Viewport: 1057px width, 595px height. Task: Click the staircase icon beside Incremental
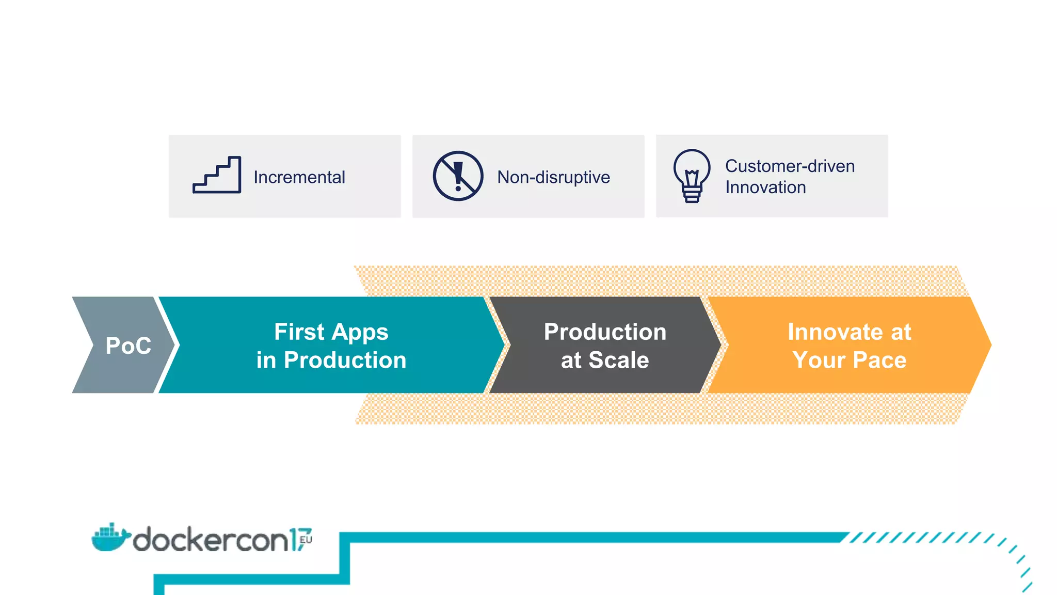click(x=217, y=176)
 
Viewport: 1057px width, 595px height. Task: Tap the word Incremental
click(x=299, y=177)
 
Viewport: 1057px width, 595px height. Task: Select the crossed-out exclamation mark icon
click(x=458, y=176)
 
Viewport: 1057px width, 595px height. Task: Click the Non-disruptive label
click(x=553, y=177)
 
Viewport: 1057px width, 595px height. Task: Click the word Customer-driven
click(x=790, y=166)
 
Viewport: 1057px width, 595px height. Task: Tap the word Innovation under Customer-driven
click(x=765, y=187)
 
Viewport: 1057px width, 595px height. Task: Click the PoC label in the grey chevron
click(x=128, y=346)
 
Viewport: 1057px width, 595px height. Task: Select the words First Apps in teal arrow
click(x=331, y=332)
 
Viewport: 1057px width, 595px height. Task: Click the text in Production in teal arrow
click(x=331, y=360)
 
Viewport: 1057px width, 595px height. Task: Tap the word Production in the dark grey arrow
click(x=605, y=332)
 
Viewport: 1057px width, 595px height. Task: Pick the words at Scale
click(x=605, y=360)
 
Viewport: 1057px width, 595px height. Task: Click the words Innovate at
click(x=849, y=332)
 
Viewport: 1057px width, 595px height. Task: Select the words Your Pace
click(x=849, y=360)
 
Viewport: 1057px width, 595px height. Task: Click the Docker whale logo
click(x=109, y=538)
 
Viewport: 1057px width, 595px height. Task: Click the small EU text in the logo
click(x=306, y=539)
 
